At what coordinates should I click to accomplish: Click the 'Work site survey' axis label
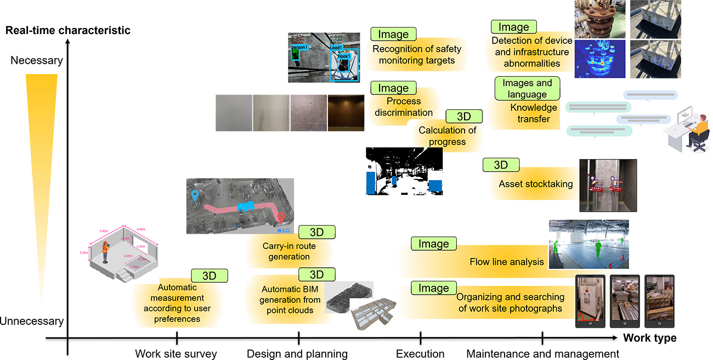pyautogui.click(x=176, y=353)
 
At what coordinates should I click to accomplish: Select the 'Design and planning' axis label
pyautogui.click(x=297, y=353)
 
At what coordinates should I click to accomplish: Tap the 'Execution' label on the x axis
pyautogui.click(x=420, y=353)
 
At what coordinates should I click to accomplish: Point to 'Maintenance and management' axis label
pyautogui.click(x=542, y=353)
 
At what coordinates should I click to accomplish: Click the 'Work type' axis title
pyautogui.click(x=649, y=338)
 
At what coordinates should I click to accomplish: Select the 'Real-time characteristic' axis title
pyautogui.click(x=68, y=30)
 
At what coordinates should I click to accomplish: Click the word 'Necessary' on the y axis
pyautogui.click(x=37, y=60)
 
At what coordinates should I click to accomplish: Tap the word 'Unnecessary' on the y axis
pyautogui.click(x=32, y=321)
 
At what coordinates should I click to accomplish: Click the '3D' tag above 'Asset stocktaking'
pyautogui.click(x=501, y=165)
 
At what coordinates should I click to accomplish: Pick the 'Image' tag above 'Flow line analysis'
pyautogui.click(x=433, y=244)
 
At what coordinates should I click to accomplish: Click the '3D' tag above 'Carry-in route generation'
pyautogui.click(x=316, y=232)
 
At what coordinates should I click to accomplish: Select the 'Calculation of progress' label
pyautogui.click(x=447, y=136)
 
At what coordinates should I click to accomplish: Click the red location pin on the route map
pyautogui.click(x=281, y=218)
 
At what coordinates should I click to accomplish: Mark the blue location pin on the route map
pyautogui.click(x=195, y=195)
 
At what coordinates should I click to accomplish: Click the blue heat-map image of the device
pyautogui.click(x=599, y=59)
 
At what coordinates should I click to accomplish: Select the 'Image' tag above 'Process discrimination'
pyautogui.click(x=393, y=88)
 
